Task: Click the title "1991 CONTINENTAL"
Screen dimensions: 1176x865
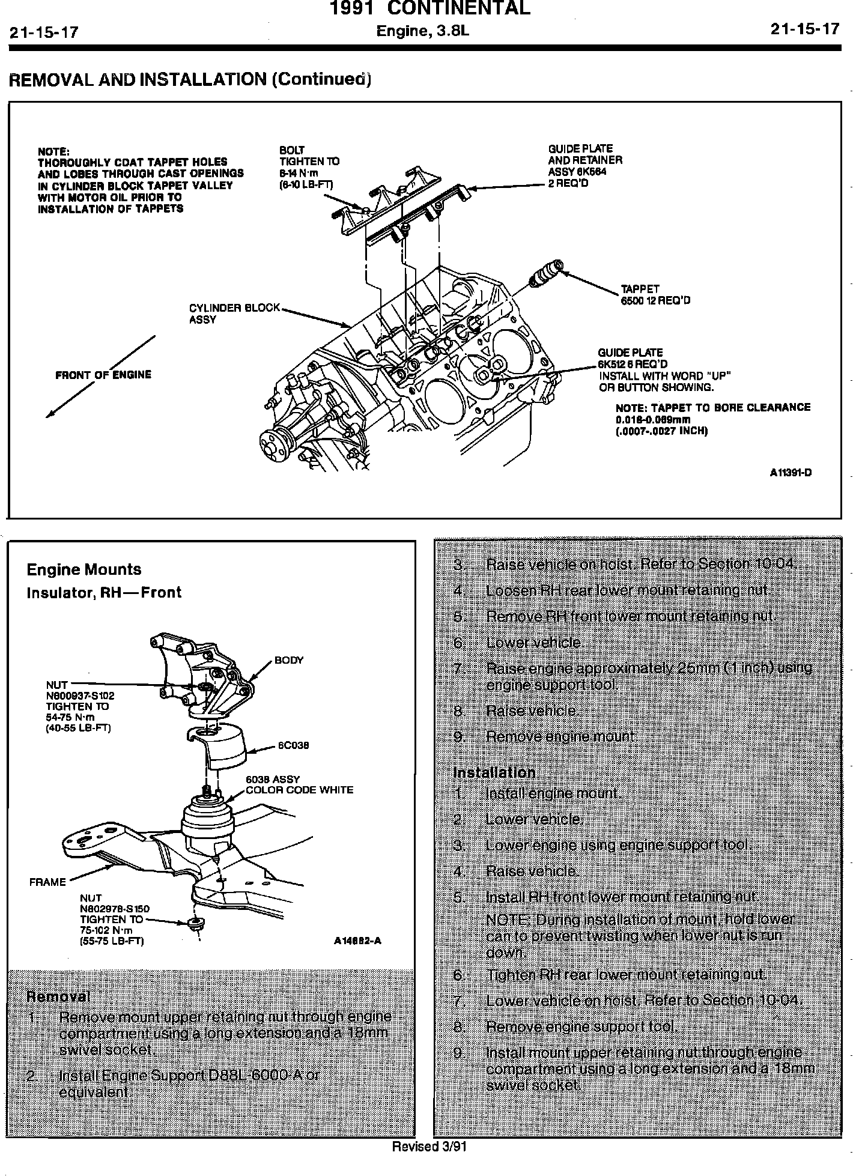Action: (430, 8)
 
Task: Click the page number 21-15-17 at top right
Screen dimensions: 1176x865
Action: (804, 29)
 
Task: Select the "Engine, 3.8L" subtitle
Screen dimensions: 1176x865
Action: (422, 31)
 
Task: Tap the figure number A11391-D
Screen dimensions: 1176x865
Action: (791, 472)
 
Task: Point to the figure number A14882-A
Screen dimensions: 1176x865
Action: (357, 941)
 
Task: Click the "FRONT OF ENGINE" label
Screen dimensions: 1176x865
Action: (103, 375)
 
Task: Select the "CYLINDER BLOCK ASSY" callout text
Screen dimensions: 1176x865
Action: (234, 314)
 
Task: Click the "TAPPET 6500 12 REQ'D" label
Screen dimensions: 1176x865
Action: (655, 294)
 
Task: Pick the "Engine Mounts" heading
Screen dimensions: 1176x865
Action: (84, 569)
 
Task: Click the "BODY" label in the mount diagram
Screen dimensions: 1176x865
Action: (289, 661)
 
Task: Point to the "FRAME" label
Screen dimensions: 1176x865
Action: (47, 882)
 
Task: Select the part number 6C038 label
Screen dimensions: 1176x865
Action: (293, 745)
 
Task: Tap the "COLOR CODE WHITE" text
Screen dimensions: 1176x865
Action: (299, 790)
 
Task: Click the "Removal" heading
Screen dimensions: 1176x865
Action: (58, 996)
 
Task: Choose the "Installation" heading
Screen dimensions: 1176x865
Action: (494, 772)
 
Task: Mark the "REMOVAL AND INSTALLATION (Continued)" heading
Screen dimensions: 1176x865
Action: (189, 79)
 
